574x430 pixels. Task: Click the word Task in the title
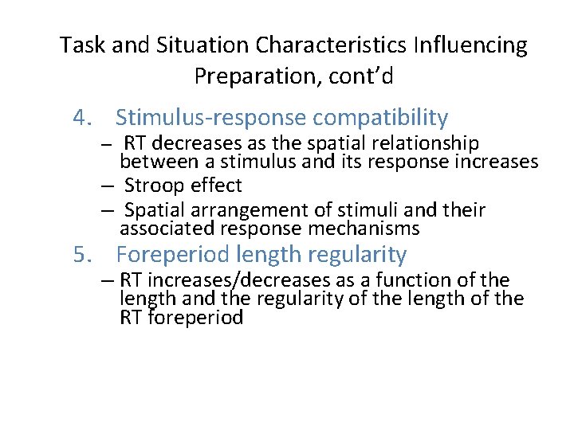(x=82, y=45)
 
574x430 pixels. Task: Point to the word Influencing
(x=481, y=45)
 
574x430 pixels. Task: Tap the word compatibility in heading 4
(x=380, y=118)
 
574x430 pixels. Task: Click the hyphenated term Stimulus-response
(x=211, y=118)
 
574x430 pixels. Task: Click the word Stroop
(x=155, y=186)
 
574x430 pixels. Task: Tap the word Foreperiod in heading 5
(x=175, y=255)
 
